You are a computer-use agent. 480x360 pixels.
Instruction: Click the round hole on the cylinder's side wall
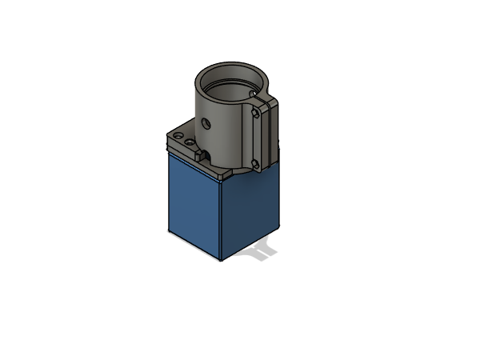pyautogui.click(x=206, y=124)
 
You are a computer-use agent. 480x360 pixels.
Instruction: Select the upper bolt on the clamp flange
pyautogui.click(x=255, y=114)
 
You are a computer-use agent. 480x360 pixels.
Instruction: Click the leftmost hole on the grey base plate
pyautogui.click(x=178, y=139)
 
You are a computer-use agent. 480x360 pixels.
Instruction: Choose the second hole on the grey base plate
pyautogui.click(x=190, y=144)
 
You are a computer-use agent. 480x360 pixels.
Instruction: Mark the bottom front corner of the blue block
pyautogui.click(x=222, y=261)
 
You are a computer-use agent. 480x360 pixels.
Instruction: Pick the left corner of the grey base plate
pyautogui.click(x=166, y=144)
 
